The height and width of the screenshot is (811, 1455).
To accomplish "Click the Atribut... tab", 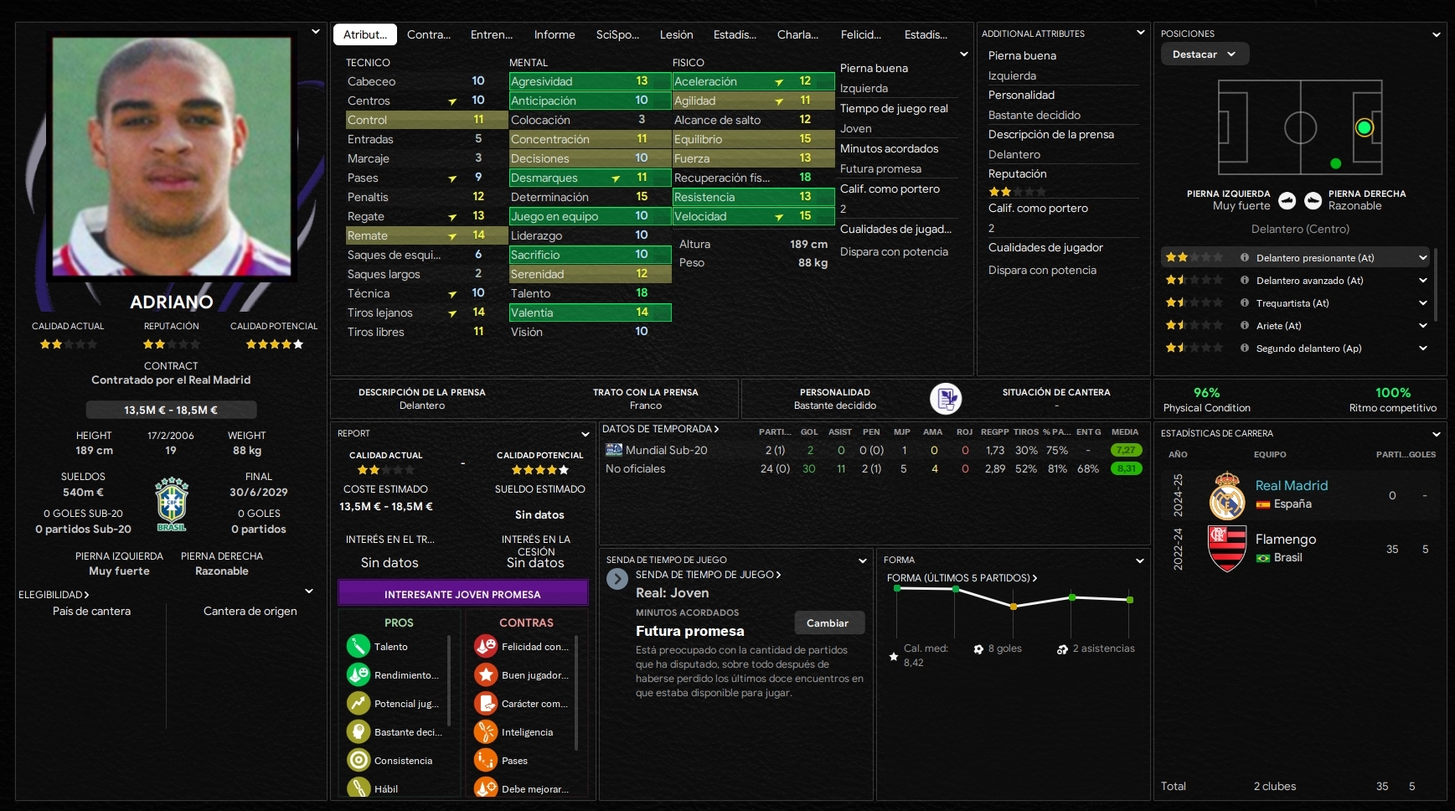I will coord(365,34).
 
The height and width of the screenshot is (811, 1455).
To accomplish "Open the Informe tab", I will coord(555,34).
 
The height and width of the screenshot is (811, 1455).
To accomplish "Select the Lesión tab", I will coord(676,34).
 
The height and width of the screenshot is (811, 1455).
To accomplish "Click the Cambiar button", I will coord(828,622).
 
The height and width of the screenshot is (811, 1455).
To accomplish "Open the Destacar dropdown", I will coord(1204,54).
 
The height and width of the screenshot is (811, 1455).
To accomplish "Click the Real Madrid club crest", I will coord(1227,495).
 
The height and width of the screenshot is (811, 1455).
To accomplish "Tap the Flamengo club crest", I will coord(1227,549).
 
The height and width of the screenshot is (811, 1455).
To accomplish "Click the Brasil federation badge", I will coord(172,504).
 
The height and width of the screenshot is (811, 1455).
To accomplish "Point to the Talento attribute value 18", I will coord(642,293).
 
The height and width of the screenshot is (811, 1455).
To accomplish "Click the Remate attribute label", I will coord(368,235).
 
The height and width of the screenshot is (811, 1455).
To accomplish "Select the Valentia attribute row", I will coord(590,313).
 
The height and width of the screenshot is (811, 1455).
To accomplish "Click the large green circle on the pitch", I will coord(1364,127).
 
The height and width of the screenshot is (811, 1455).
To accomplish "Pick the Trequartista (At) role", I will coord(1292,303).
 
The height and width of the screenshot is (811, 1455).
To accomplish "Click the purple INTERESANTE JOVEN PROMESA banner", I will coord(462,594).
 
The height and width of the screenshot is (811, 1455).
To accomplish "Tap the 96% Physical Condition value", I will coord(1206,392).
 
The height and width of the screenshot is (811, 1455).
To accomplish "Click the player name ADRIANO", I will coord(172,302).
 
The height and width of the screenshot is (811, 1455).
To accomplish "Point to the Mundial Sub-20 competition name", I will coord(666,450).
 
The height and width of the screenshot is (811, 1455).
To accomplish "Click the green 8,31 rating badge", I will coord(1126,468).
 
